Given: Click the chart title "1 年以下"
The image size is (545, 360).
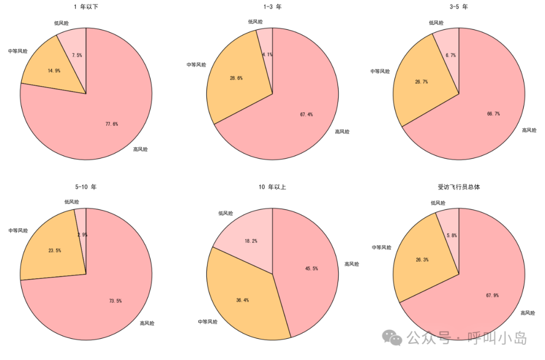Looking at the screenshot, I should point(86,7).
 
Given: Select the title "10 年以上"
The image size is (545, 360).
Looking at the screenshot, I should point(272,187).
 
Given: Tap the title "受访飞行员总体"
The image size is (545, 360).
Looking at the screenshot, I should point(458,187).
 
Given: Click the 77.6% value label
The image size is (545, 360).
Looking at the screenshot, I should point(112,124).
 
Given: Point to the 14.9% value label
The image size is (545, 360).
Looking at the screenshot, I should point(54,71).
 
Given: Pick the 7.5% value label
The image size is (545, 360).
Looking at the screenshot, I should point(77,56).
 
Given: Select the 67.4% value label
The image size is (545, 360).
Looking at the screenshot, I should point(306,115).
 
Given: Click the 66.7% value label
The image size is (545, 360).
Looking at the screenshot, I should point(494,114).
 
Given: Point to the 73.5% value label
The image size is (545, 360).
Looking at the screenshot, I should point(115,301).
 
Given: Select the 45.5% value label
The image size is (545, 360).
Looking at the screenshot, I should point(311,269).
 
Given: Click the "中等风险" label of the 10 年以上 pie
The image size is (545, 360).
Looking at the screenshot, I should point(208,322).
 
